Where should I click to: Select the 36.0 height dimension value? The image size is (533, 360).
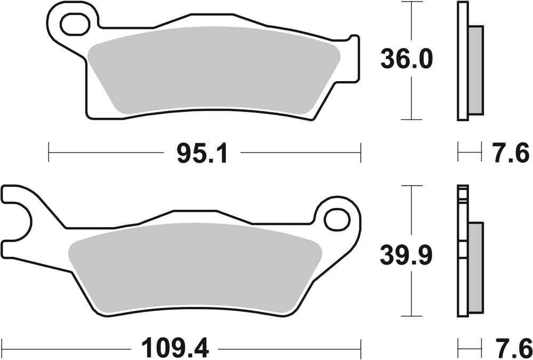coord(406,59)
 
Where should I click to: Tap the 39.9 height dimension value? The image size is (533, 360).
coord(406,257)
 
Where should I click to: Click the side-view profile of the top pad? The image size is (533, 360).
coord(463,61)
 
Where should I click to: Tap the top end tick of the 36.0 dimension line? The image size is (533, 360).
coord(411,3)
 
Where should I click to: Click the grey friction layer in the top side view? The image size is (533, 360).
coord(475,70)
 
